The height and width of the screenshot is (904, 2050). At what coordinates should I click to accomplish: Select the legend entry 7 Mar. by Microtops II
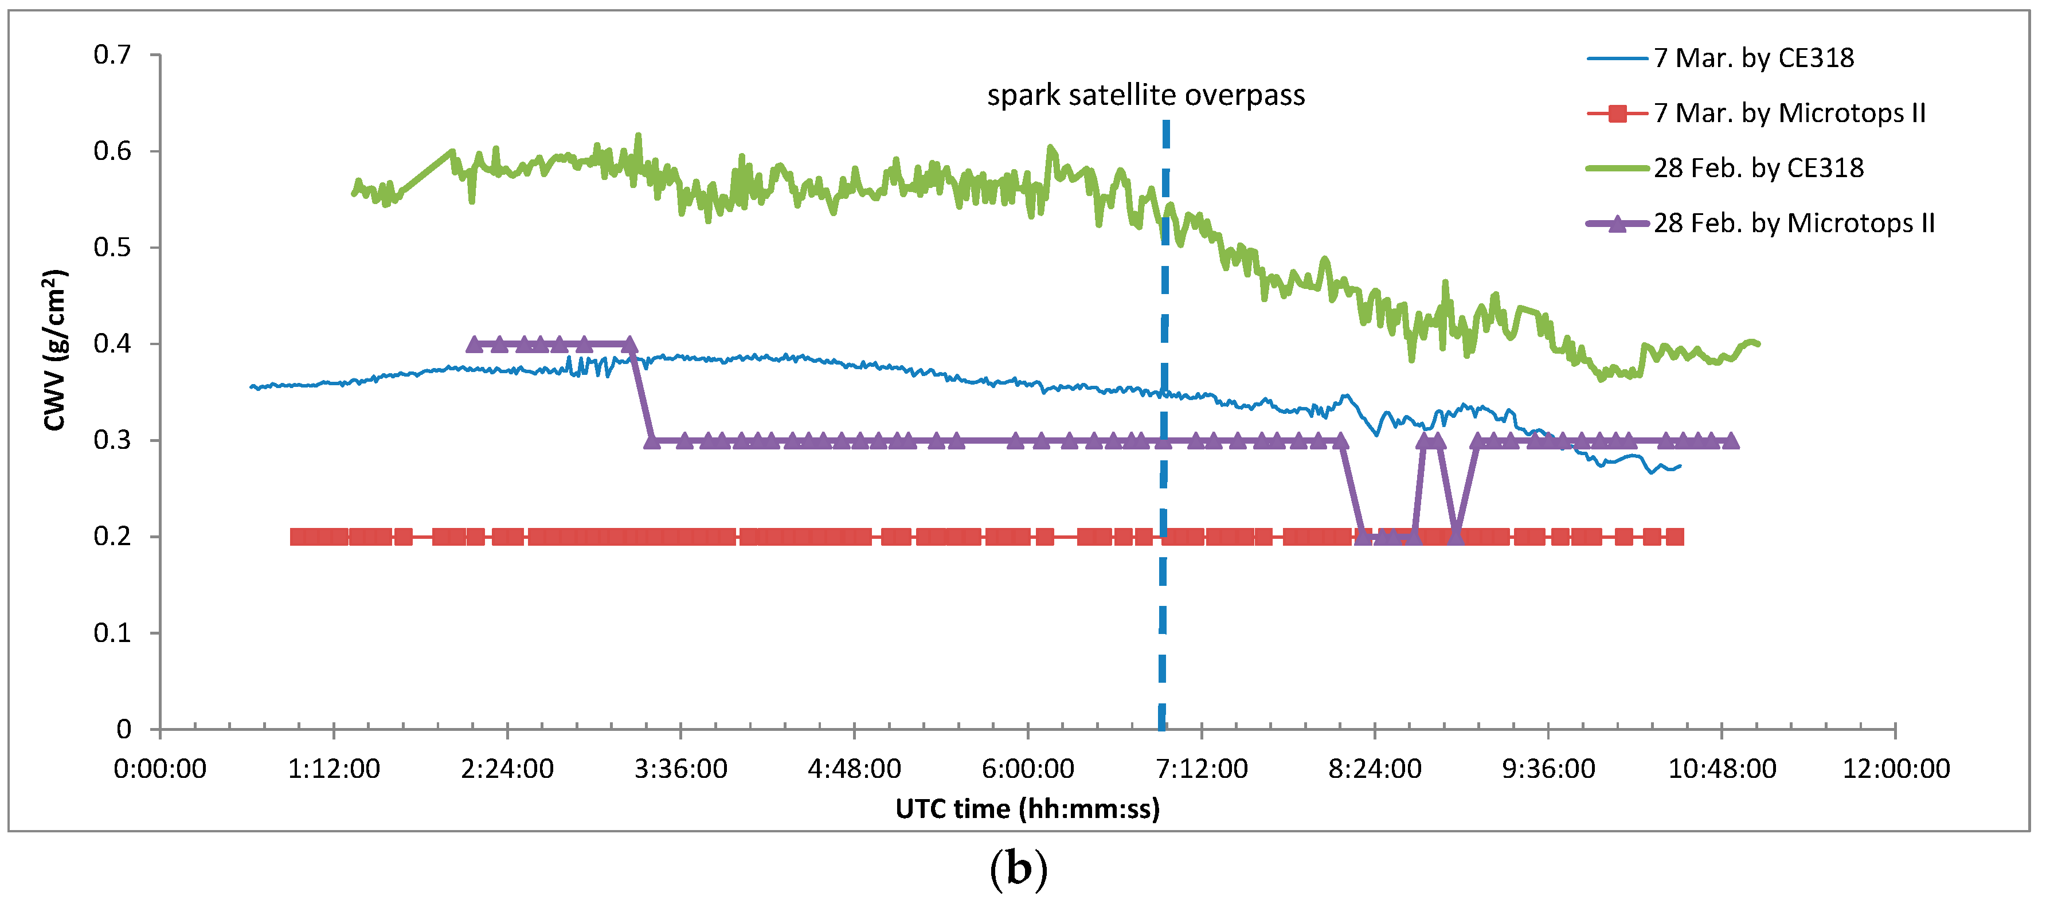tap(1789, 113)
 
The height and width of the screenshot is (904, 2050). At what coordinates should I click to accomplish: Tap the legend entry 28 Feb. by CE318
tap(1758, 168)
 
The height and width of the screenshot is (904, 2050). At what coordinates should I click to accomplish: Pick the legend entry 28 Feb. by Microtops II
tap(1794, 223)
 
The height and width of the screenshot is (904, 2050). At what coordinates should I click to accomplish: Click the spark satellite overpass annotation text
tap(1145, 96)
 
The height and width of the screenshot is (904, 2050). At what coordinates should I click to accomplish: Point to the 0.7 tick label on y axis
tap(112, 55)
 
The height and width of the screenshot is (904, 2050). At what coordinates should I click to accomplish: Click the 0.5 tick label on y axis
tap(112, 248)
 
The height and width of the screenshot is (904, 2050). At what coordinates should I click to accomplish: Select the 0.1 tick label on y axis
tap(112, 633)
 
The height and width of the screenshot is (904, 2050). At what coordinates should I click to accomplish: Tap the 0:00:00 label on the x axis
tap(160, 769)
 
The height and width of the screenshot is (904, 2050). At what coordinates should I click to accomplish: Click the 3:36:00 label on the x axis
tap(680, 769)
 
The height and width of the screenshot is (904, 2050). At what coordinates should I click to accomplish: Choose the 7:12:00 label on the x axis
tap(1201, 769)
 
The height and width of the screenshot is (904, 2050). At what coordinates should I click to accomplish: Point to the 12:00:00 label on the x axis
tap(1896, 769)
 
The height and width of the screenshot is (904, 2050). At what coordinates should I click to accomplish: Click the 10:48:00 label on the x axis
tap(1722, 769)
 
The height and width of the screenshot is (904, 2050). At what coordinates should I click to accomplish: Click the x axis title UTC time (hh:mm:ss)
tap(1027, 809)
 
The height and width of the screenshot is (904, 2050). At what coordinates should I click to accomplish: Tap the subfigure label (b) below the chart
tap(1018, 869)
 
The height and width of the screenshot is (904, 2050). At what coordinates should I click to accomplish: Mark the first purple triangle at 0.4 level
tap(474, 345)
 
